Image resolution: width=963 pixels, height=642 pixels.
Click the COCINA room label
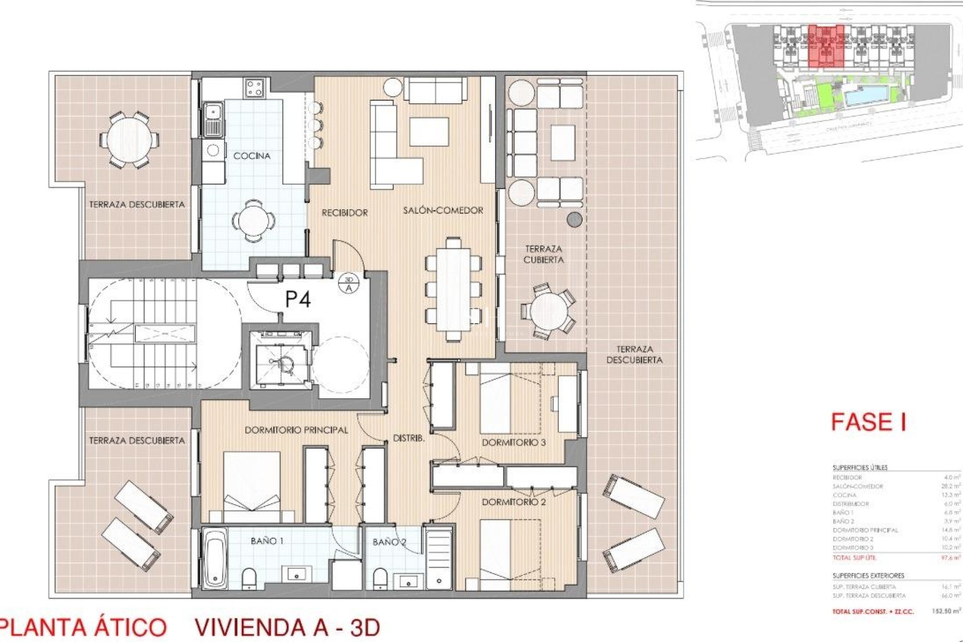tap(252, 156)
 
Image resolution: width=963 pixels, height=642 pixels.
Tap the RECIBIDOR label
tap(345, 213)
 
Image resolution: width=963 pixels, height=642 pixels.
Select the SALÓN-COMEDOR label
tap(443, 211)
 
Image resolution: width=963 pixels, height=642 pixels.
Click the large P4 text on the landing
tap(298, 299)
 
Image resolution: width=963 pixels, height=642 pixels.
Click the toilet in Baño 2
tap(381, 577)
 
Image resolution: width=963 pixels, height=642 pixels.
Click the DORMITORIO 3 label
tap(514, 442)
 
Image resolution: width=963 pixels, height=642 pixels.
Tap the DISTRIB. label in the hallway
tap(409, 438)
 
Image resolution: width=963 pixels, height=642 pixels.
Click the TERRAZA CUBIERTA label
tap(544, 254)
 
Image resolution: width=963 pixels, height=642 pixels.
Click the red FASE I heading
tap(868, 422)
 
